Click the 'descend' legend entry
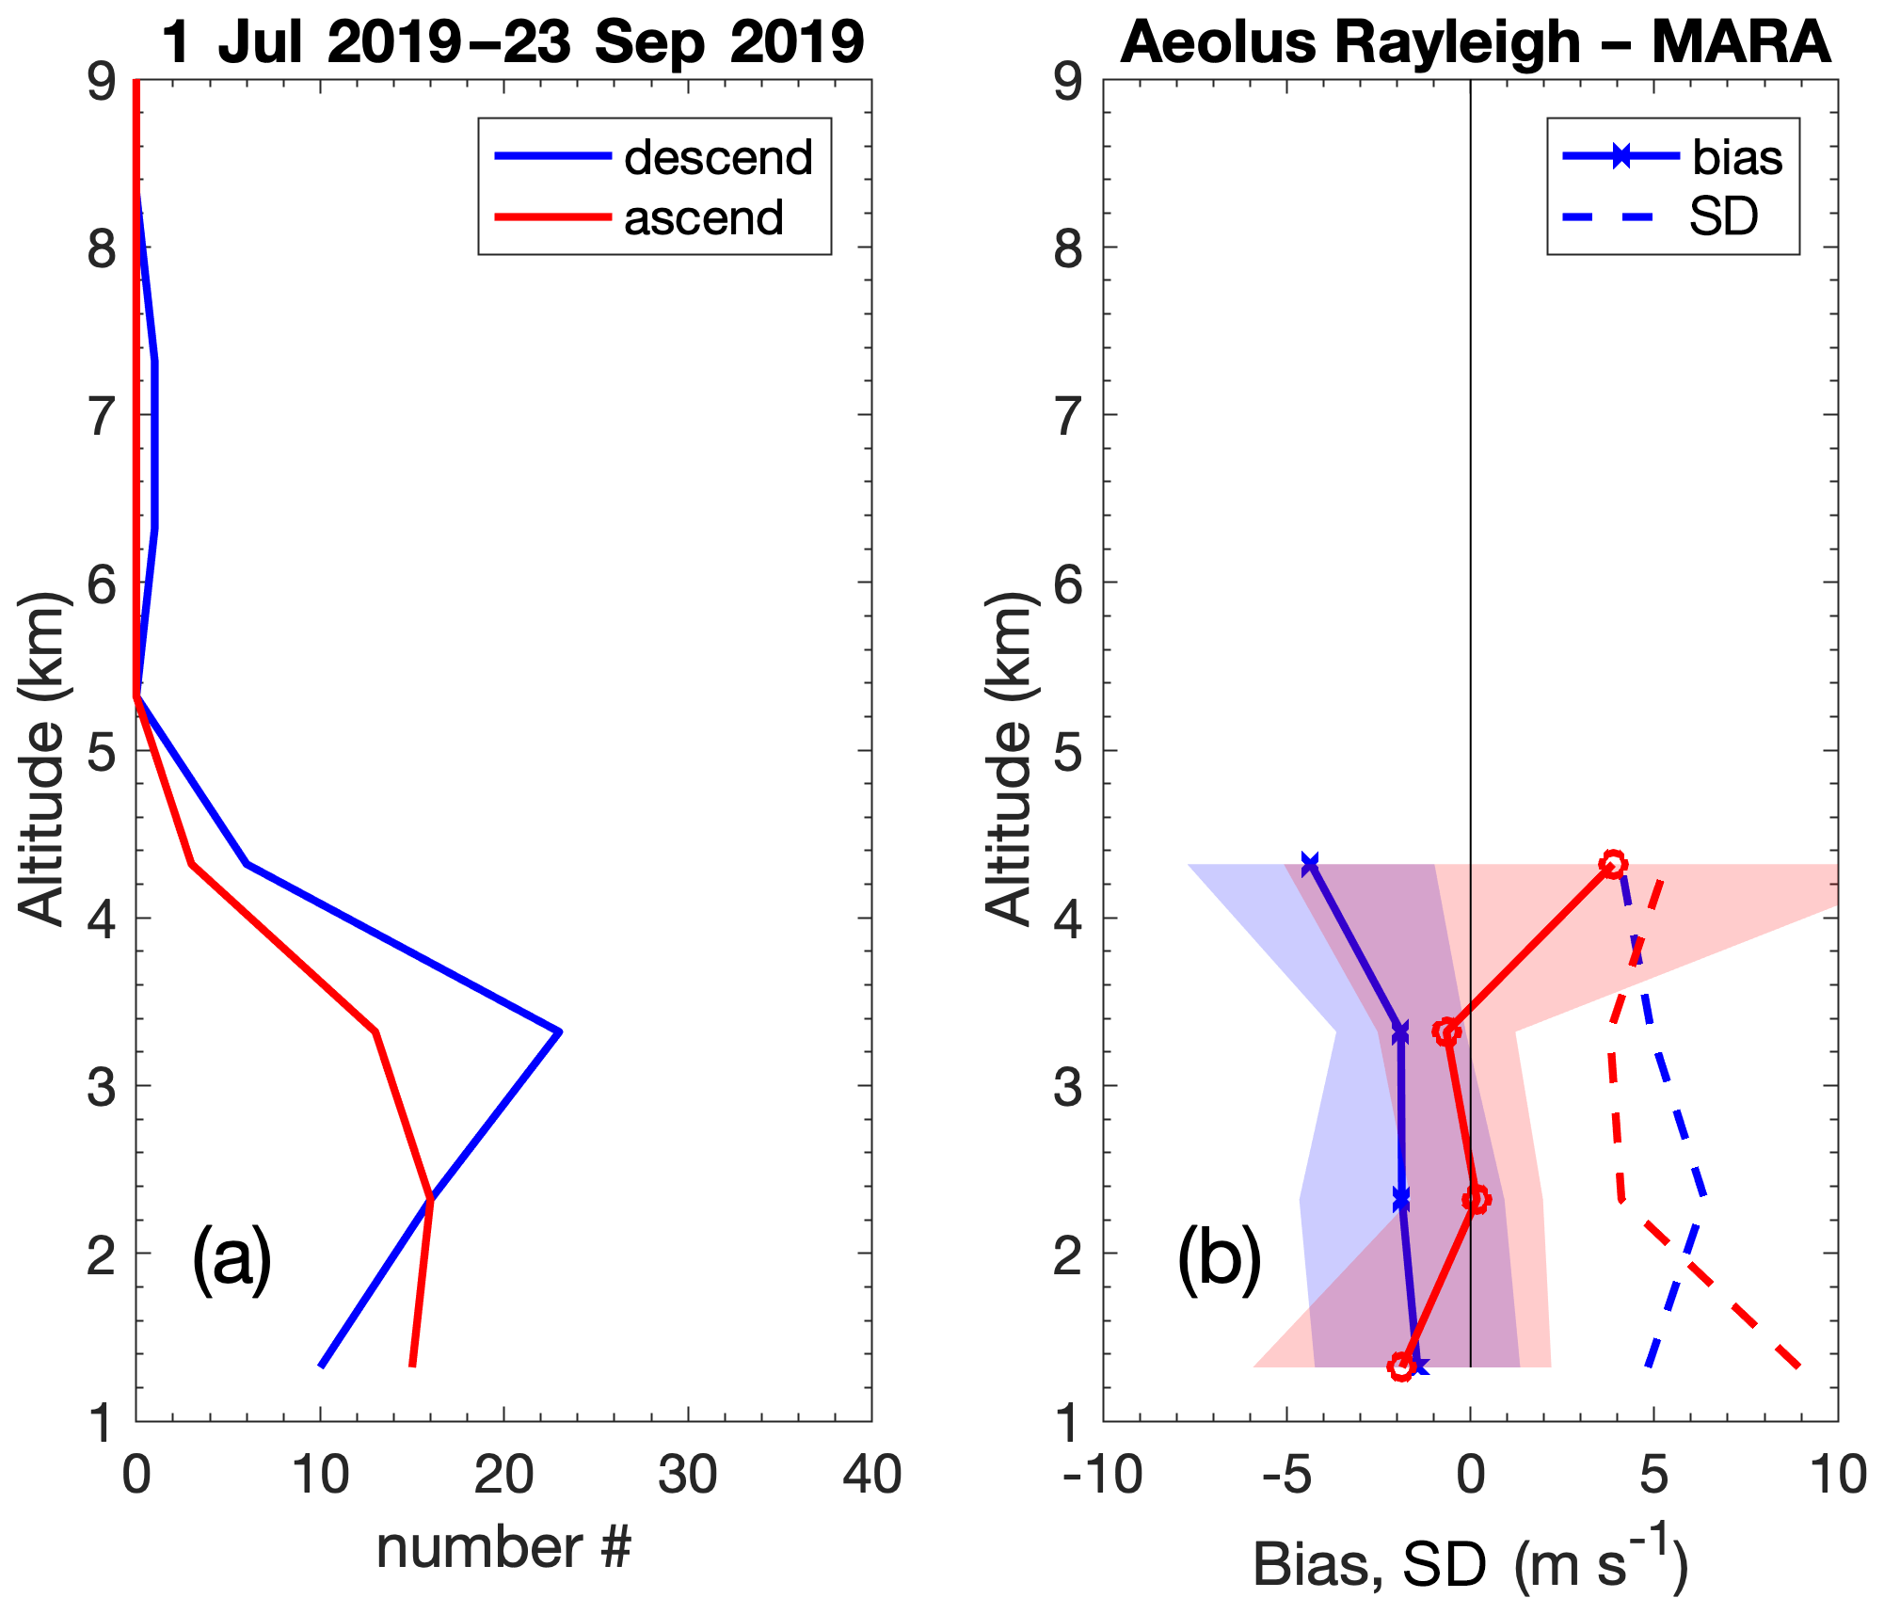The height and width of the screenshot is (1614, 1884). [x=717, y=157]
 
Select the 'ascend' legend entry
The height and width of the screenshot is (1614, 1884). [x=703, y=217]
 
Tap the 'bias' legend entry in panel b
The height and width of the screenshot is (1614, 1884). [x=1736, y=157]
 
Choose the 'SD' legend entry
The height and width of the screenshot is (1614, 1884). [x=1723, y=217]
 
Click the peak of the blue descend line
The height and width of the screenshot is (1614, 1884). [x=560, y=1031]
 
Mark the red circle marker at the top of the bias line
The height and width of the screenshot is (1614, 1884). [x=1613, y=864]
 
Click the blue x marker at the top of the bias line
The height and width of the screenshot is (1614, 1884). [x=1309, y=864]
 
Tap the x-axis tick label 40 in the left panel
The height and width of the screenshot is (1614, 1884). [x=871, y=1476]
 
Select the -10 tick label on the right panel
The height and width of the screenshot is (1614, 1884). [x=1102, y=1476]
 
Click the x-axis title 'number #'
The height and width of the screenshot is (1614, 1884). [x=503, y=1548]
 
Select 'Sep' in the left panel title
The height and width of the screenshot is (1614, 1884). [x=649, y=42]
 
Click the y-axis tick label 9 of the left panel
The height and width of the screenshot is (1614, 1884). [x=102, y=83]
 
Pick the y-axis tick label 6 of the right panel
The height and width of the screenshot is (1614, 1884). [x=1068, y=584]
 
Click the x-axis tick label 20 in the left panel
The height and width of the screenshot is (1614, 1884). [x=503, y=1476]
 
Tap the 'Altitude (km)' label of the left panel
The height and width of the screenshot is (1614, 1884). [x=42, y=758]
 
